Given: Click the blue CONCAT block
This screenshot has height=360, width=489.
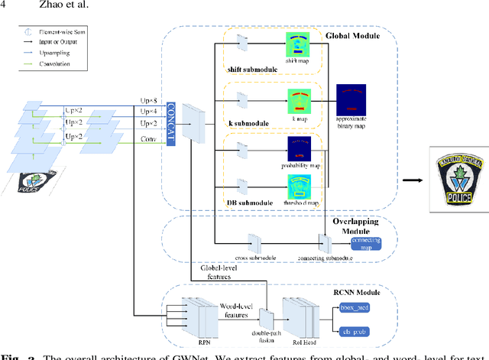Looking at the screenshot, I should tap(170, 118).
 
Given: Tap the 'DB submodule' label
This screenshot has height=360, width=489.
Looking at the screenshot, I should tap(247, 203).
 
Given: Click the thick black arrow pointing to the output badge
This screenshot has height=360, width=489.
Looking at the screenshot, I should tap(412, 157).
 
